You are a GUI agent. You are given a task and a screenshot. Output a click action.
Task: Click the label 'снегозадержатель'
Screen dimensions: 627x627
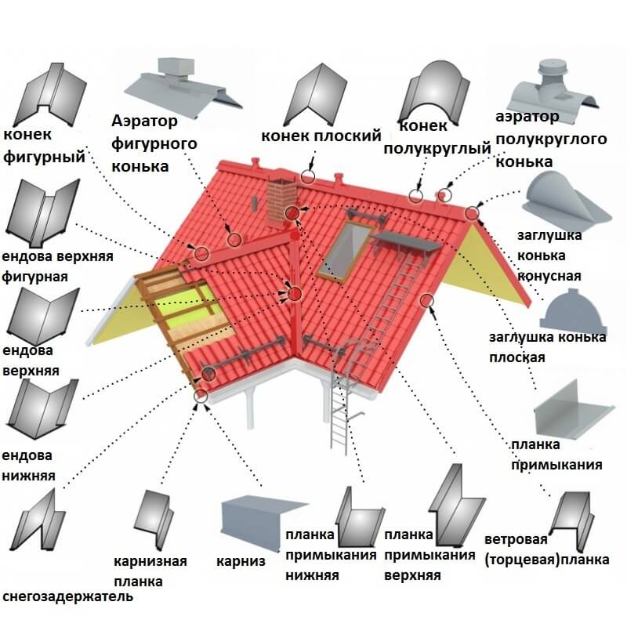click(x=68, y=597)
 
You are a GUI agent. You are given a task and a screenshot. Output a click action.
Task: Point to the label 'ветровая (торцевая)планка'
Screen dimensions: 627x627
click(x=546, y=550)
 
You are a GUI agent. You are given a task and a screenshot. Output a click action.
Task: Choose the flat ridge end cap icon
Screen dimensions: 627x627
click(x=574, y=308)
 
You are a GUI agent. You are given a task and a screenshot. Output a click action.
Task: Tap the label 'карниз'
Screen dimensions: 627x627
click(x=241, y=561)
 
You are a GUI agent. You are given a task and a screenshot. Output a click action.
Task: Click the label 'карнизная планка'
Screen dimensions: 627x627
click(x=150, y=571)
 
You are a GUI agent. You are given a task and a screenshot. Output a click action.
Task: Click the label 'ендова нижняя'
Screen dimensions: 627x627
click(x=29, y=465)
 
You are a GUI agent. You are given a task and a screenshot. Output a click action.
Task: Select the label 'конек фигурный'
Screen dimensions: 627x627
click(x=44, y=145)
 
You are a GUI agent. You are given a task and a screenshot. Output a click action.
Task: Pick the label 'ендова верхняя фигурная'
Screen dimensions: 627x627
click(x=57, y=266)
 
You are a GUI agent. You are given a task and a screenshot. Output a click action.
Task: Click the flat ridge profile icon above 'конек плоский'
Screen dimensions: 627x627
click(x=313, y=90)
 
